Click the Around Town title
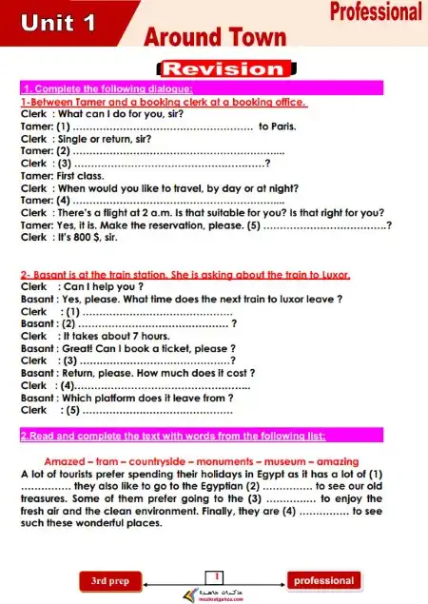tap(214, 37)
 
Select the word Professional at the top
tap(376, 11)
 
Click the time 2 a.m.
tap(155, 212)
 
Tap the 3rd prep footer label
tap(109, 580)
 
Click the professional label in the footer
tap(323, 580)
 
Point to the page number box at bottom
tap(217, 576)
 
